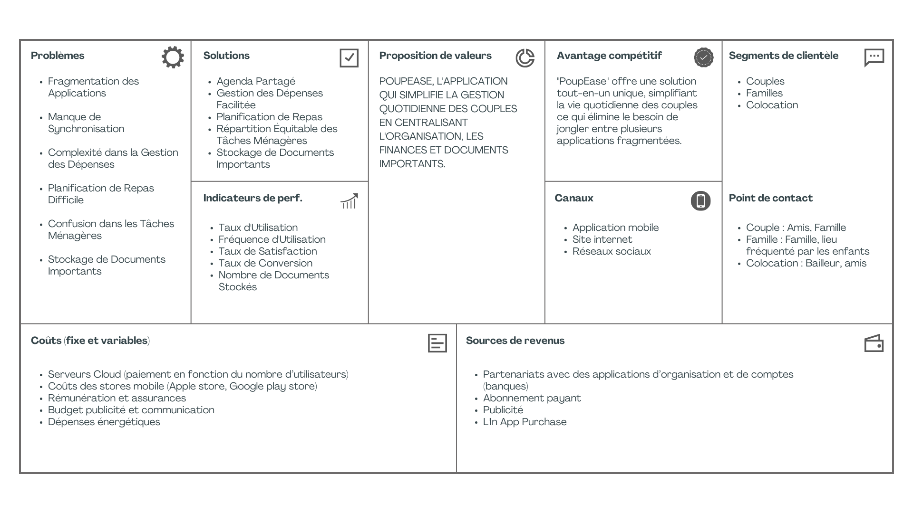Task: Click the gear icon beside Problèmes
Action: coord(173,57)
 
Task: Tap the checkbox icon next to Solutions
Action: coord(349,58)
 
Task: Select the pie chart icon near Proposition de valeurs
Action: coord(525,58)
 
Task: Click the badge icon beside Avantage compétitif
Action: coord(703,57)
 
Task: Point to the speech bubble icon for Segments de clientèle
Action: coord(874,57)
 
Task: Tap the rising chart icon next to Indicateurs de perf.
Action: coord(349,201)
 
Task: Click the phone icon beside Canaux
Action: coord(700,201)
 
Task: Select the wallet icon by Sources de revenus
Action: coord(874,343)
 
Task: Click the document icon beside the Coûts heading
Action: coord(437,343)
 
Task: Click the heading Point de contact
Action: coord(770,198)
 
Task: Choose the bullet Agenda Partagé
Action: coord(256,81)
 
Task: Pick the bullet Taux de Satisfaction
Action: coord(267,251)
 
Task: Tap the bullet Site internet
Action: coord(602,239)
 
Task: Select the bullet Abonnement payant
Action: coord(532,398)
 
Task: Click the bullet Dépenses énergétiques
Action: coord(104,422)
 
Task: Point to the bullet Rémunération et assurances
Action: coord(117,398)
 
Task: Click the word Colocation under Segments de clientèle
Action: coord(772,105)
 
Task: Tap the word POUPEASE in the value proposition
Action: coord(406,81)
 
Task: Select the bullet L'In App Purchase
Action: coord(524,422)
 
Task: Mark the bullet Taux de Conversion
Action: coord(265,263)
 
